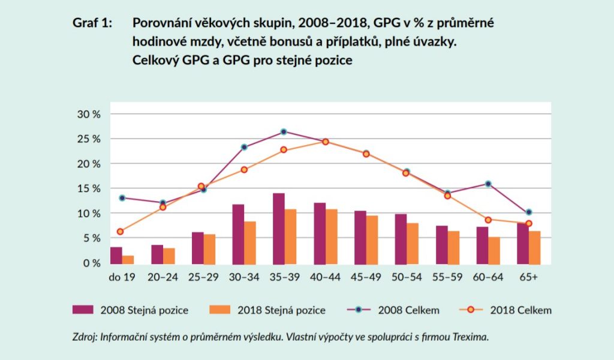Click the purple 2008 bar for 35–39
coord(279,229)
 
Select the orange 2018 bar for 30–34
coord(249,243)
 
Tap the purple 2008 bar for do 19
coord(116,255)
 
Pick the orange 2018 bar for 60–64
coord(493,250)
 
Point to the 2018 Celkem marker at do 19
coord(121,232)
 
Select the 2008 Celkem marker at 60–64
coord(488,184)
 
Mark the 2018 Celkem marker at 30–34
coord(244,170)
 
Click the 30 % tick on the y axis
coord(88,114)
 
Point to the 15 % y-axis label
coord(88,188)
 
